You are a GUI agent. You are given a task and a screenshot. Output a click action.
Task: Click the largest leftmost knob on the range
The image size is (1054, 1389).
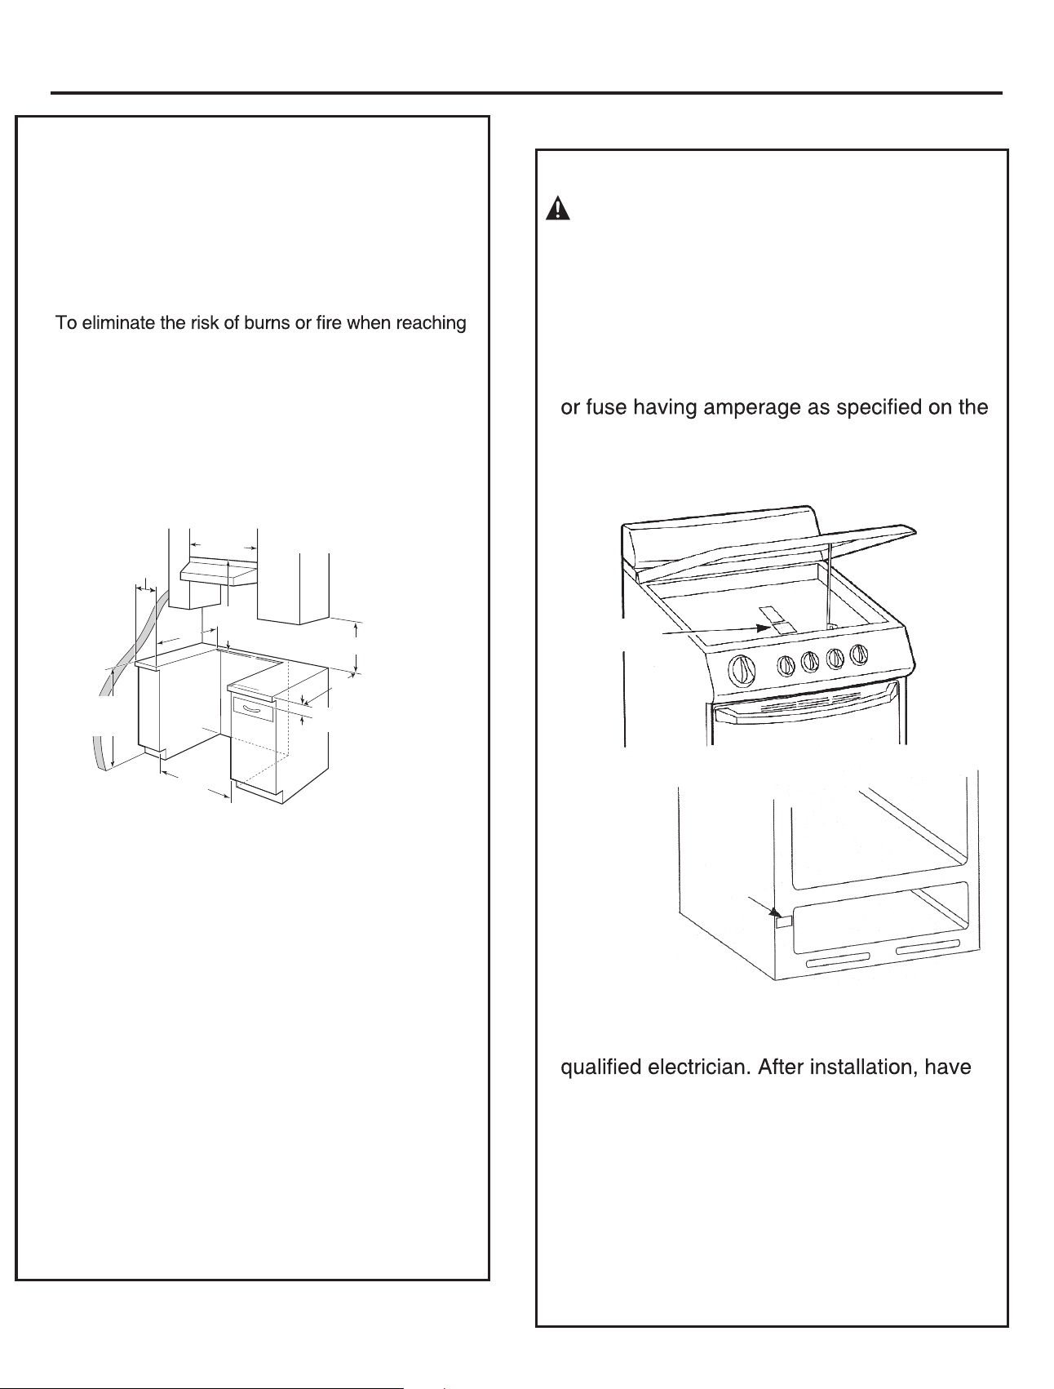coord(742,671)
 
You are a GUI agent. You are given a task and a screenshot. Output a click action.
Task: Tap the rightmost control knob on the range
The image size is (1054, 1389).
coord(858,655)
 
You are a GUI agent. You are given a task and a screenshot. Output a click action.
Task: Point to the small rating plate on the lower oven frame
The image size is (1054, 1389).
coord(782,921)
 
